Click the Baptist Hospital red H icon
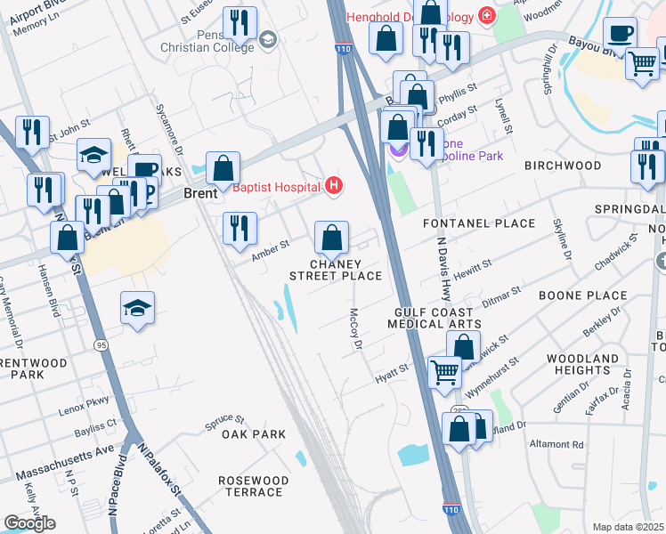pos(334,186)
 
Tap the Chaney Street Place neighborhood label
pos(336,270)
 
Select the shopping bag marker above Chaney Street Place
pos(331,238)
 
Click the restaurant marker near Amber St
pos(238,229)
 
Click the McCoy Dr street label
pos(355,329)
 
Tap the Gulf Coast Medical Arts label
pos(440,318)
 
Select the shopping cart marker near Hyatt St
pos(444,371)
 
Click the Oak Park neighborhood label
pos(254,434)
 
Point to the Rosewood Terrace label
pos(254,486)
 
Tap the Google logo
pos(28,523)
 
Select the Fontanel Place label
pos(479,223)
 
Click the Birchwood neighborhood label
pos(563,166)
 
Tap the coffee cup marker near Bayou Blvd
pos(620,33)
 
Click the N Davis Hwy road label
pos(443,267)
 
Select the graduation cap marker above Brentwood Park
pos(137,308)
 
